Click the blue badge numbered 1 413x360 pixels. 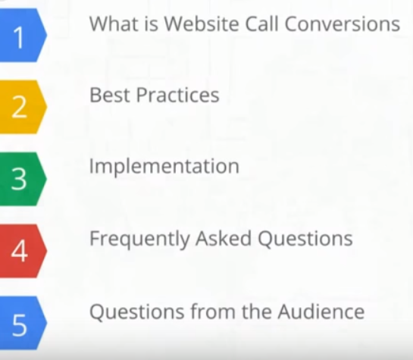[x=23, y=36]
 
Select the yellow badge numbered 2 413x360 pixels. [x=23, y=107]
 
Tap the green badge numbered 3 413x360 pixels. [x=23, y=179]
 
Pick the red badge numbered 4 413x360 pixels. [x=23, y=251]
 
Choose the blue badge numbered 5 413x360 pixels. [x=23, y=323]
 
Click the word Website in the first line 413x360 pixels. [x=202, y=23]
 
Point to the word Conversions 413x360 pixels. [x=343, y=23]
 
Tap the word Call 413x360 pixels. [x=261, y=23]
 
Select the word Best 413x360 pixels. [x=110, y=95]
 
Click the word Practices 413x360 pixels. [x=178, y=95]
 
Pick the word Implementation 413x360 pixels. [x=164, y=167]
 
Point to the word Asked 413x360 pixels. [x=224, y=238]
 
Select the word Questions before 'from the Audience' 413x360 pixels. [x=137, y=311]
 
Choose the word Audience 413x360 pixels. [x=321, y=311]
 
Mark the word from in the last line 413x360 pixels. [x=213, y=311]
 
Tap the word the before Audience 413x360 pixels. [x=257, y=311]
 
